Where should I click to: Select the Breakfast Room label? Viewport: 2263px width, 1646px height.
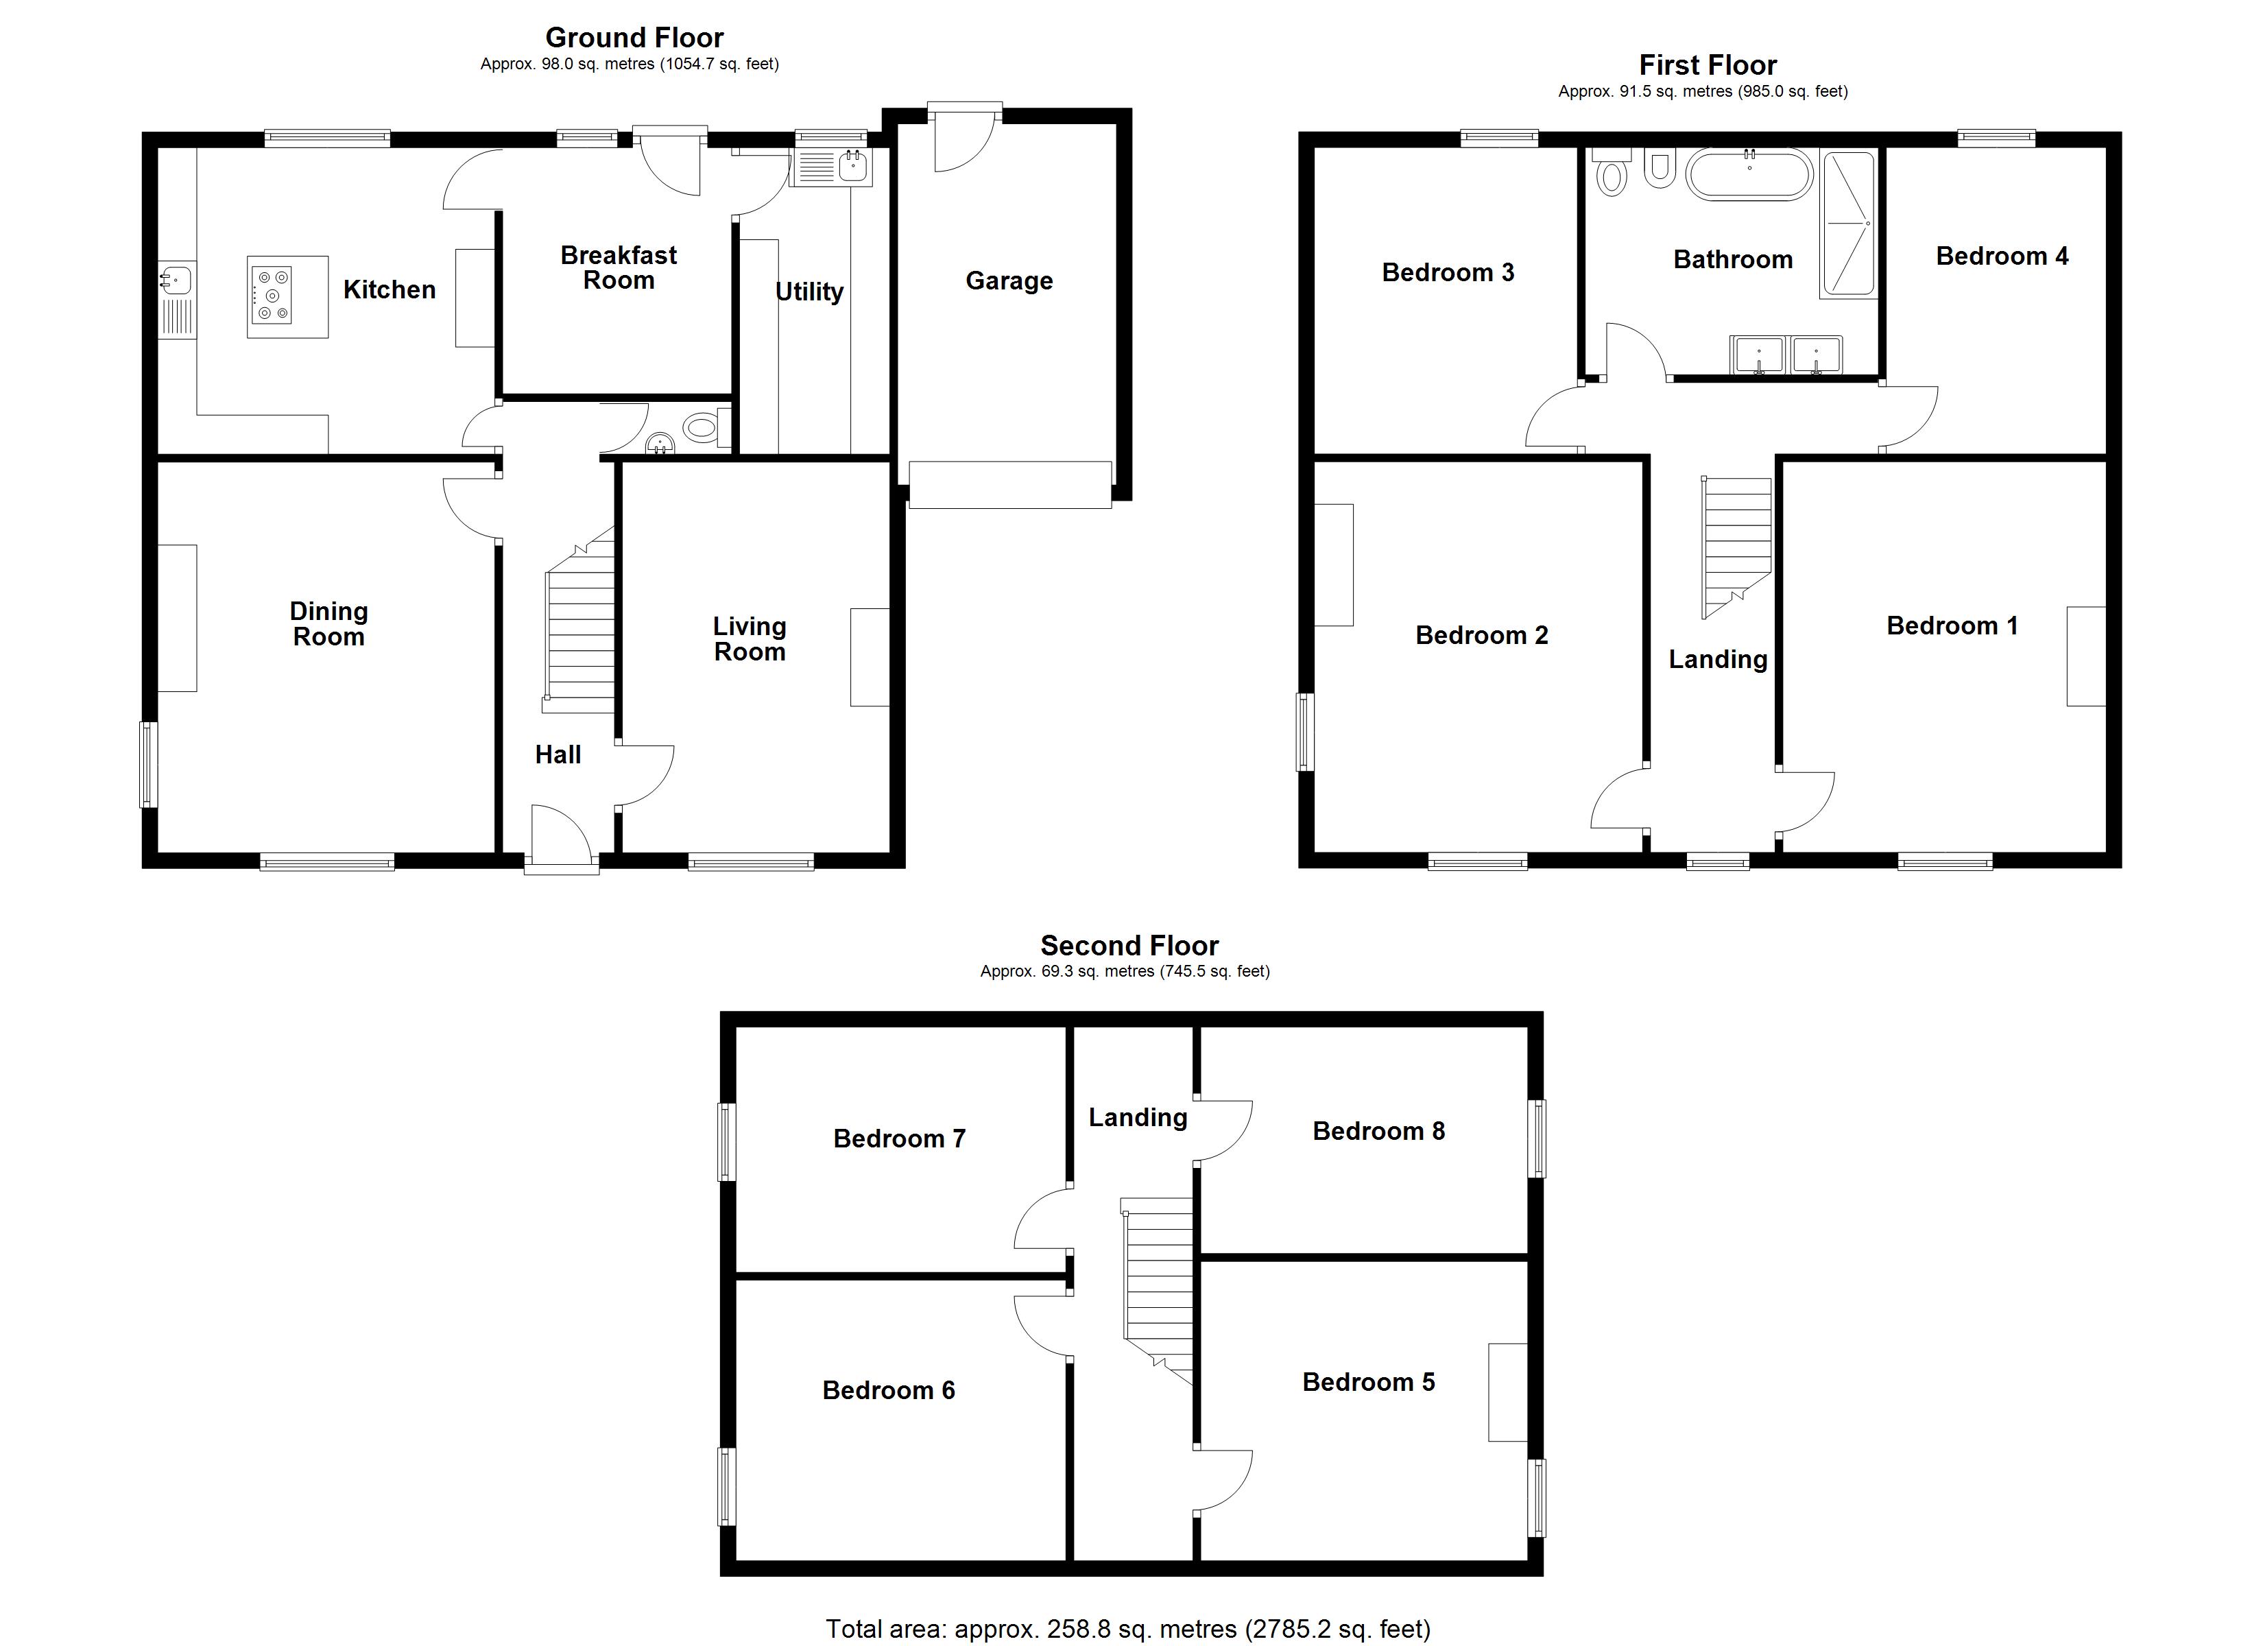tap(618, 267)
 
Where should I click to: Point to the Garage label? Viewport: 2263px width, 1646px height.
tap(1009, 281)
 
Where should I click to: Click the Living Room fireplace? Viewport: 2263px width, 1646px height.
tap(869, 657)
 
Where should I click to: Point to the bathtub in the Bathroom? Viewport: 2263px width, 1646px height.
tap(1748, 175)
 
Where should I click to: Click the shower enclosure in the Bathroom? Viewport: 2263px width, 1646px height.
tap(1848, 224)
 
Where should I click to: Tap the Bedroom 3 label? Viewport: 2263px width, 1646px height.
tap(1447, 272)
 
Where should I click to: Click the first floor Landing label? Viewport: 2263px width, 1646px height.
tap(1717, 659)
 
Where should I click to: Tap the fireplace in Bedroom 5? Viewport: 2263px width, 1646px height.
tap(1507, 1392)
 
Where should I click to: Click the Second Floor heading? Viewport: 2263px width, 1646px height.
tap(1129, 945)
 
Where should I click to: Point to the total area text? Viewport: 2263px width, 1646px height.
tap(1127, 1629)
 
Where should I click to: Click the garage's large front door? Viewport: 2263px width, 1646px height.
tap(1009, 484)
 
